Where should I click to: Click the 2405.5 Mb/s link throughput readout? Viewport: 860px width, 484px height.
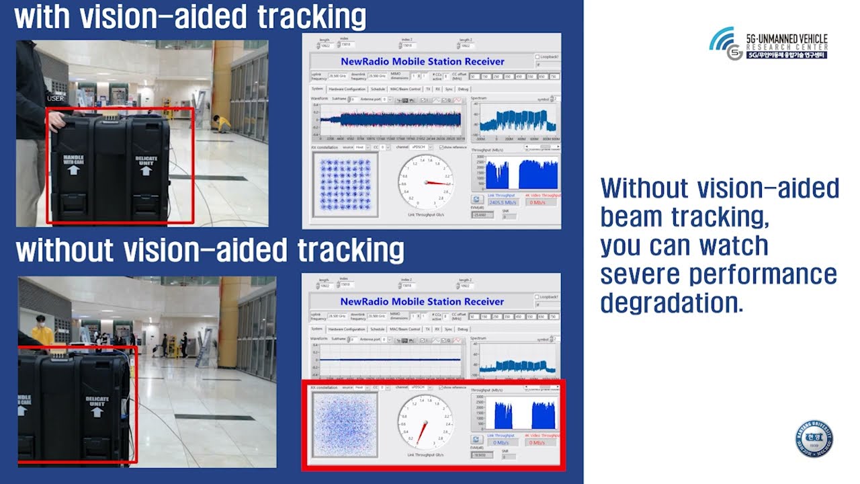503,202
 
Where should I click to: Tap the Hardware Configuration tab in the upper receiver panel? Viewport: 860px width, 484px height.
347,89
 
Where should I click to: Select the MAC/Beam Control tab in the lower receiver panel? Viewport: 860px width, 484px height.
405,329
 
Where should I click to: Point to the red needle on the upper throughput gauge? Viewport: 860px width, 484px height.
437,183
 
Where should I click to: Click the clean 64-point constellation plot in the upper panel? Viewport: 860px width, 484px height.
345,184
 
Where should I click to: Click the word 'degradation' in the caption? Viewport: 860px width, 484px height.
671,303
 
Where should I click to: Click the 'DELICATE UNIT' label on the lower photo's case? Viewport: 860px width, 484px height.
97,404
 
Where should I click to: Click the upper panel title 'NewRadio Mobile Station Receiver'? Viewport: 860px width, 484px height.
422,61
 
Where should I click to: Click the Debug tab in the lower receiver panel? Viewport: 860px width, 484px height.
463,329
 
